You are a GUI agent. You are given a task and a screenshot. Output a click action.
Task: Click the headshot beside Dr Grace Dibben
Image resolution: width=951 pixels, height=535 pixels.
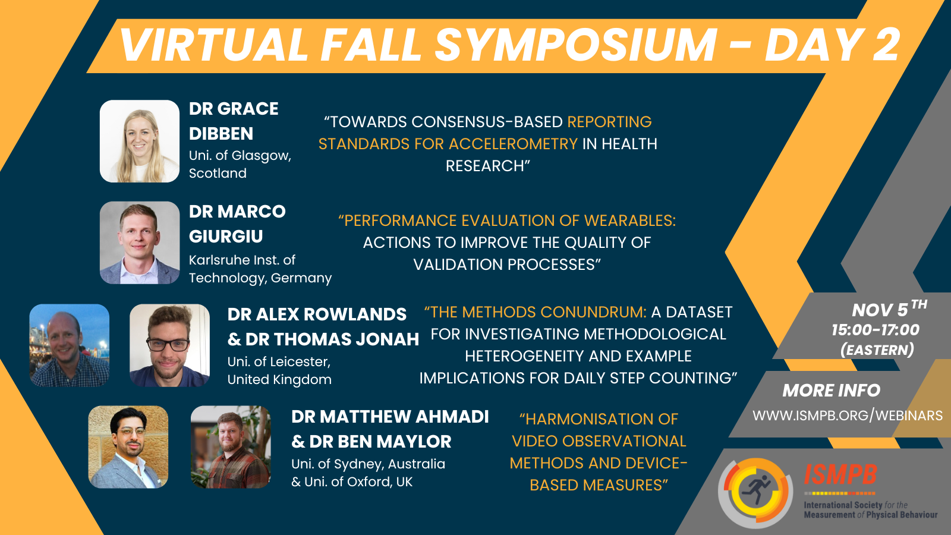click(139, 141)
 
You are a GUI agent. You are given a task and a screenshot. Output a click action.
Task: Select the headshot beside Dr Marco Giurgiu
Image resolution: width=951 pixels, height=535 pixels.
click(139, 243)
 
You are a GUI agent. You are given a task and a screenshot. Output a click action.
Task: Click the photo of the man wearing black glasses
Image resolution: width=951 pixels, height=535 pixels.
click(169, 345)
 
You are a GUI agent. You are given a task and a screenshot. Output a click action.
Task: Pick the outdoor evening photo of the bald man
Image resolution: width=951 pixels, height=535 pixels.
click(69, 345)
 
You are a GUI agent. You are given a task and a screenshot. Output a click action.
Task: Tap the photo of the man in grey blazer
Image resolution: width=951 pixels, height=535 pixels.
click(128, 446)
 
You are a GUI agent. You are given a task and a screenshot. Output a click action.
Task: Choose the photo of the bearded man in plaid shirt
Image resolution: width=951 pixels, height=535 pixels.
click(231, 446)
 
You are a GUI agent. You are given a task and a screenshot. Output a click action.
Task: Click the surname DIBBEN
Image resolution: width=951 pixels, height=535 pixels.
click(221, 134)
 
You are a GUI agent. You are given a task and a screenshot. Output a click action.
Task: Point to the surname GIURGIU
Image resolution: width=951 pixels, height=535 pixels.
click(226, 237)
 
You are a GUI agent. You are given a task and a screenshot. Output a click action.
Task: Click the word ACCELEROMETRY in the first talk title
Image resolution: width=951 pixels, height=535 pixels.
click(513, 144)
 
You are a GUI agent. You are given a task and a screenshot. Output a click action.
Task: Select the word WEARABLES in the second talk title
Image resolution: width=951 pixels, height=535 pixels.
click(629, 221)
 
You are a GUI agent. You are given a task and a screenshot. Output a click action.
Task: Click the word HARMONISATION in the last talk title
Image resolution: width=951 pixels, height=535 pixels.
click(599, 419)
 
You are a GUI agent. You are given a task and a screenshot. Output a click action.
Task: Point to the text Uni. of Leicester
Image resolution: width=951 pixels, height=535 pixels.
click(279, 362)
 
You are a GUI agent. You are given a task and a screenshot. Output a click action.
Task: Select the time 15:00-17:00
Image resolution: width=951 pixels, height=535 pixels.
click(875, 330)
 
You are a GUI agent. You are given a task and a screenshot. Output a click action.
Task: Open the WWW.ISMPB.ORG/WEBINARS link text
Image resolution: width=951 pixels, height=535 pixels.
click(848, 416)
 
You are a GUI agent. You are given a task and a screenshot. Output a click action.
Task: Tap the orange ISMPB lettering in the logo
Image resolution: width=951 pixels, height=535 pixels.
click(840, 474)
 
